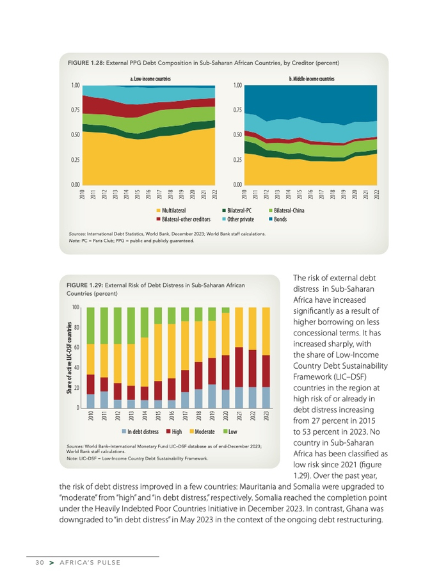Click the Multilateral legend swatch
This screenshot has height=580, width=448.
(x=158, y=210)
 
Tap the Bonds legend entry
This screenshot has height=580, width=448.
(x=280, y=220)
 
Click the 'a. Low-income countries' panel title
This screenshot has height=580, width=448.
(x=148, y=79)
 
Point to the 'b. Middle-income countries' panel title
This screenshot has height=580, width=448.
(x=312, y=79)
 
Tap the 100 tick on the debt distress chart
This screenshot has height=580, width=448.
(x=76, y=308)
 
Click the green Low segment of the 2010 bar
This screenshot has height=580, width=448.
(x=91, y=326)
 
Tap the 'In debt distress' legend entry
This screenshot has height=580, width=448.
(x=140, y=432)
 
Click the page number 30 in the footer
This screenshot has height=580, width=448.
(x=40, y=563)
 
